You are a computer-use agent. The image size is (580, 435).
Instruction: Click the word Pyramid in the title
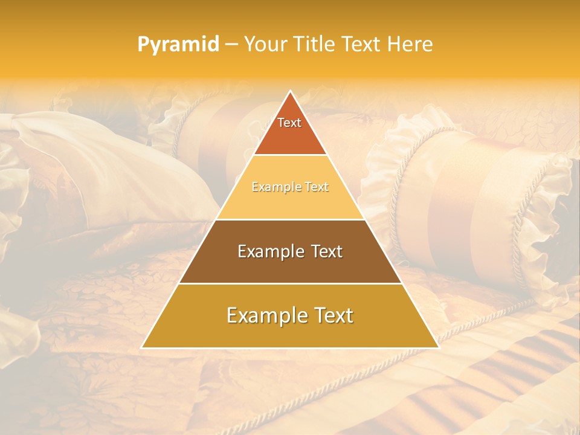click(x=178, y=45)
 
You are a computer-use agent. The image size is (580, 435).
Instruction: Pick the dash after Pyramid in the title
click(x=231, y=45)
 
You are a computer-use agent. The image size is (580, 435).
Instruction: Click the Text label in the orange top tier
click(x=289, y=123)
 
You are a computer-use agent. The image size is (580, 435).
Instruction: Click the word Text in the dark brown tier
click(x=327, y=251)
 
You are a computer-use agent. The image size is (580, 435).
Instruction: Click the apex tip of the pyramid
click(x=290, y=92)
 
